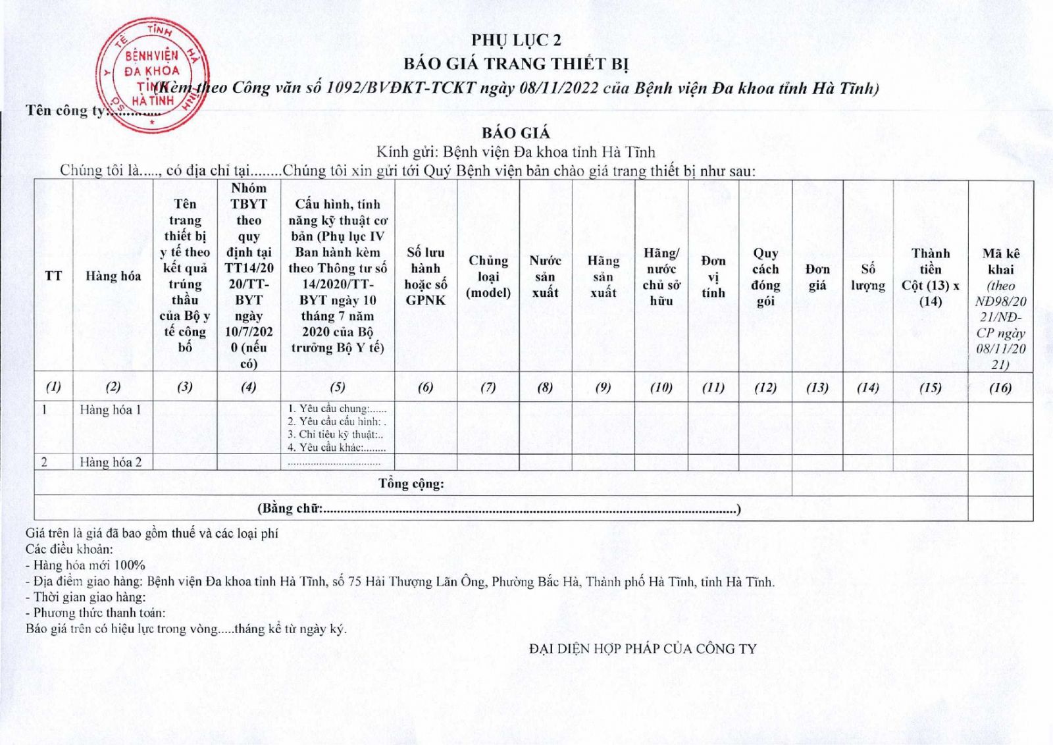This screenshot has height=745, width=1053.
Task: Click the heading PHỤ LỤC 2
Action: tap(516, 40)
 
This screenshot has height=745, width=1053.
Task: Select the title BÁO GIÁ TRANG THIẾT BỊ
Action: tap(516, 64)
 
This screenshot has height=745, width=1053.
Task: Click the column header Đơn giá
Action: tap(817, 276)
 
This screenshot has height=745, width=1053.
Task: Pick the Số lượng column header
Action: tap(867, 276)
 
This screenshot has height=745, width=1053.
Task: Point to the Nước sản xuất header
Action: tap(545, 276)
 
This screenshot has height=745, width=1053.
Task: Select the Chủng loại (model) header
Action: tap(488, 276)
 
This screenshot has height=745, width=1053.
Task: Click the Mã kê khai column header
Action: tap(1000, 261)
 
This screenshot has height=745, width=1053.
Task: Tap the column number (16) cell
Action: tap(1000, 388)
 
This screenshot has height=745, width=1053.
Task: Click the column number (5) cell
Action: tap(337, 388)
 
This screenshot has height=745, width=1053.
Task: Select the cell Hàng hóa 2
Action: tap(111, 462)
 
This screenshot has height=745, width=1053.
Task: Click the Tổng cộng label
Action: tap(411, 484)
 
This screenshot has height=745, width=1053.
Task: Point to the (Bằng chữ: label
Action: tap(290, 508)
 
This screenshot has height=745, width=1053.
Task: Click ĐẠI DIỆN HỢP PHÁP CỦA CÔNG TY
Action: tap(643, 649)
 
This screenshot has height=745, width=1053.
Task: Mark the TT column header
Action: tap(53, 276)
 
